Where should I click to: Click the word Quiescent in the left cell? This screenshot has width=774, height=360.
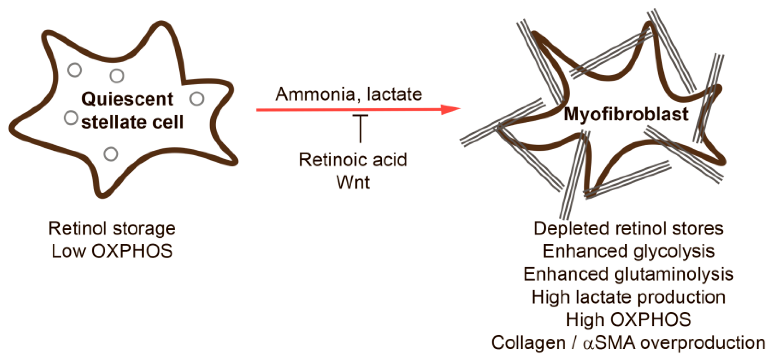127,99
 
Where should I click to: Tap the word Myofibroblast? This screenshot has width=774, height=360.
626,114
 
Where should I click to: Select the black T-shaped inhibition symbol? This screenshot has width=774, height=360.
360,128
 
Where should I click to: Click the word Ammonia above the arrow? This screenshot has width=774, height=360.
315,94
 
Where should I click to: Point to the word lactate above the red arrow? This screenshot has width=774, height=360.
394,94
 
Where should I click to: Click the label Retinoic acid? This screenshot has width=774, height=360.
353,160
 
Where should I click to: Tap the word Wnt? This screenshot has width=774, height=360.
353,182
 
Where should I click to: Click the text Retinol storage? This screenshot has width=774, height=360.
112,229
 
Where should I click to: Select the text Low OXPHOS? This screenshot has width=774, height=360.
112,251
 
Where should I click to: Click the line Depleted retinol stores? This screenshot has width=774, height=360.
628,229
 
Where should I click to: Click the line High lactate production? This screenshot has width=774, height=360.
628,297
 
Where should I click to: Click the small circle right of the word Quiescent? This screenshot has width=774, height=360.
197,99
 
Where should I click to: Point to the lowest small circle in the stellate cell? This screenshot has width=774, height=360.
111,154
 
